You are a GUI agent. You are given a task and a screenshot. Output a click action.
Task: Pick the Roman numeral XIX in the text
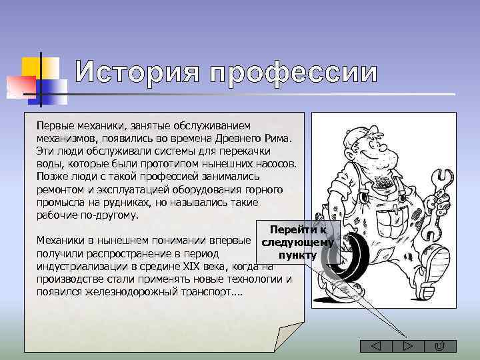[x=191, y=267]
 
